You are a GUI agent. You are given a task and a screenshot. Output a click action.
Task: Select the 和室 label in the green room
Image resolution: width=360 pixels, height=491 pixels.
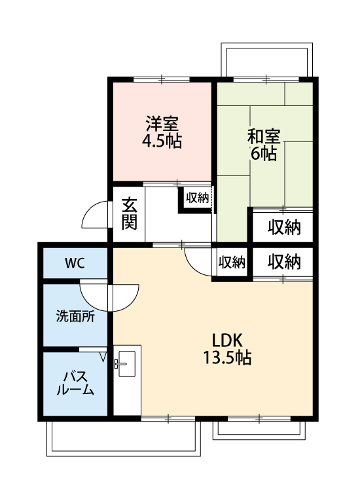pos(264,138)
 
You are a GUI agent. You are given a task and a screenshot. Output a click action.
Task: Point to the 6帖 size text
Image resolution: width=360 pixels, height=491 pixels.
pos(264,155)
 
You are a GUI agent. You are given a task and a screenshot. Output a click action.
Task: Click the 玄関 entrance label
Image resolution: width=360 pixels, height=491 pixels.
pos(129,213)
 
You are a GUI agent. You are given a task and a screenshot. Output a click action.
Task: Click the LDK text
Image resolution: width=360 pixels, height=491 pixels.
pos(227,340)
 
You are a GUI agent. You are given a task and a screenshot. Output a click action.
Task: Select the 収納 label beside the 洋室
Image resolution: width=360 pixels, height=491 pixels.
pos(196,198)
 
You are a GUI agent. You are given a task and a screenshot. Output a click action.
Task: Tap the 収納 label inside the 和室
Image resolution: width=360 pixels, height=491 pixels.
pos(283,227)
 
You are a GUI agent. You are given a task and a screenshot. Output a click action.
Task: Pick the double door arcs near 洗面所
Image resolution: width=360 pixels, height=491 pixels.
pos(109,295)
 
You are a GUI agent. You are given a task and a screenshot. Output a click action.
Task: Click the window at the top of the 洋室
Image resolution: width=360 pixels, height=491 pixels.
pos(162,79)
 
